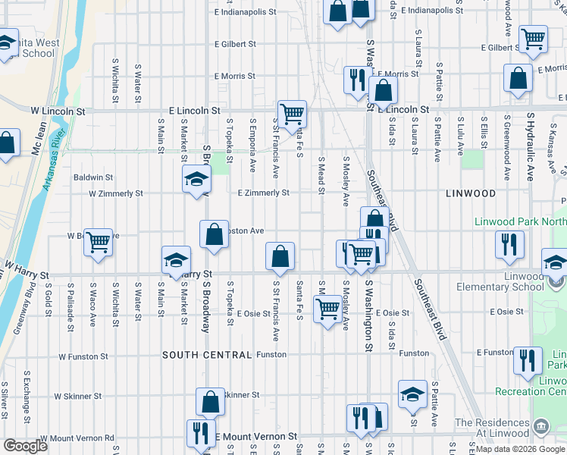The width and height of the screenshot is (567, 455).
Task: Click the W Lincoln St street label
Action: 58,111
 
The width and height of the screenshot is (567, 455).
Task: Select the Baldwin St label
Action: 93,177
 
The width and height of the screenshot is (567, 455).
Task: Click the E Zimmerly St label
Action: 263,193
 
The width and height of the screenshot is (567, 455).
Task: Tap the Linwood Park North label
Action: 520,222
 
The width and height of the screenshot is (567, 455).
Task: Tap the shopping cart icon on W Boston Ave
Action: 99,243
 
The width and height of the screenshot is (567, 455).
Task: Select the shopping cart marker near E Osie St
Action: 327,308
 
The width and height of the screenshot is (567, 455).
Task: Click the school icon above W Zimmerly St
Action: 196,180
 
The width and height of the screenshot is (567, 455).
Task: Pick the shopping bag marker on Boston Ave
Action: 215,234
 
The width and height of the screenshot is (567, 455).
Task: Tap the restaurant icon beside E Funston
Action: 527,360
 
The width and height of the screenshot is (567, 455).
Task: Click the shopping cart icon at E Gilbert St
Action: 534,39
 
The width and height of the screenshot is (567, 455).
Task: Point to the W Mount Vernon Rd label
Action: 77,438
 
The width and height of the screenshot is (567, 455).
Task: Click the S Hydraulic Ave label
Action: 531,148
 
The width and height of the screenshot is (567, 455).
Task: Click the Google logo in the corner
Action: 26,446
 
